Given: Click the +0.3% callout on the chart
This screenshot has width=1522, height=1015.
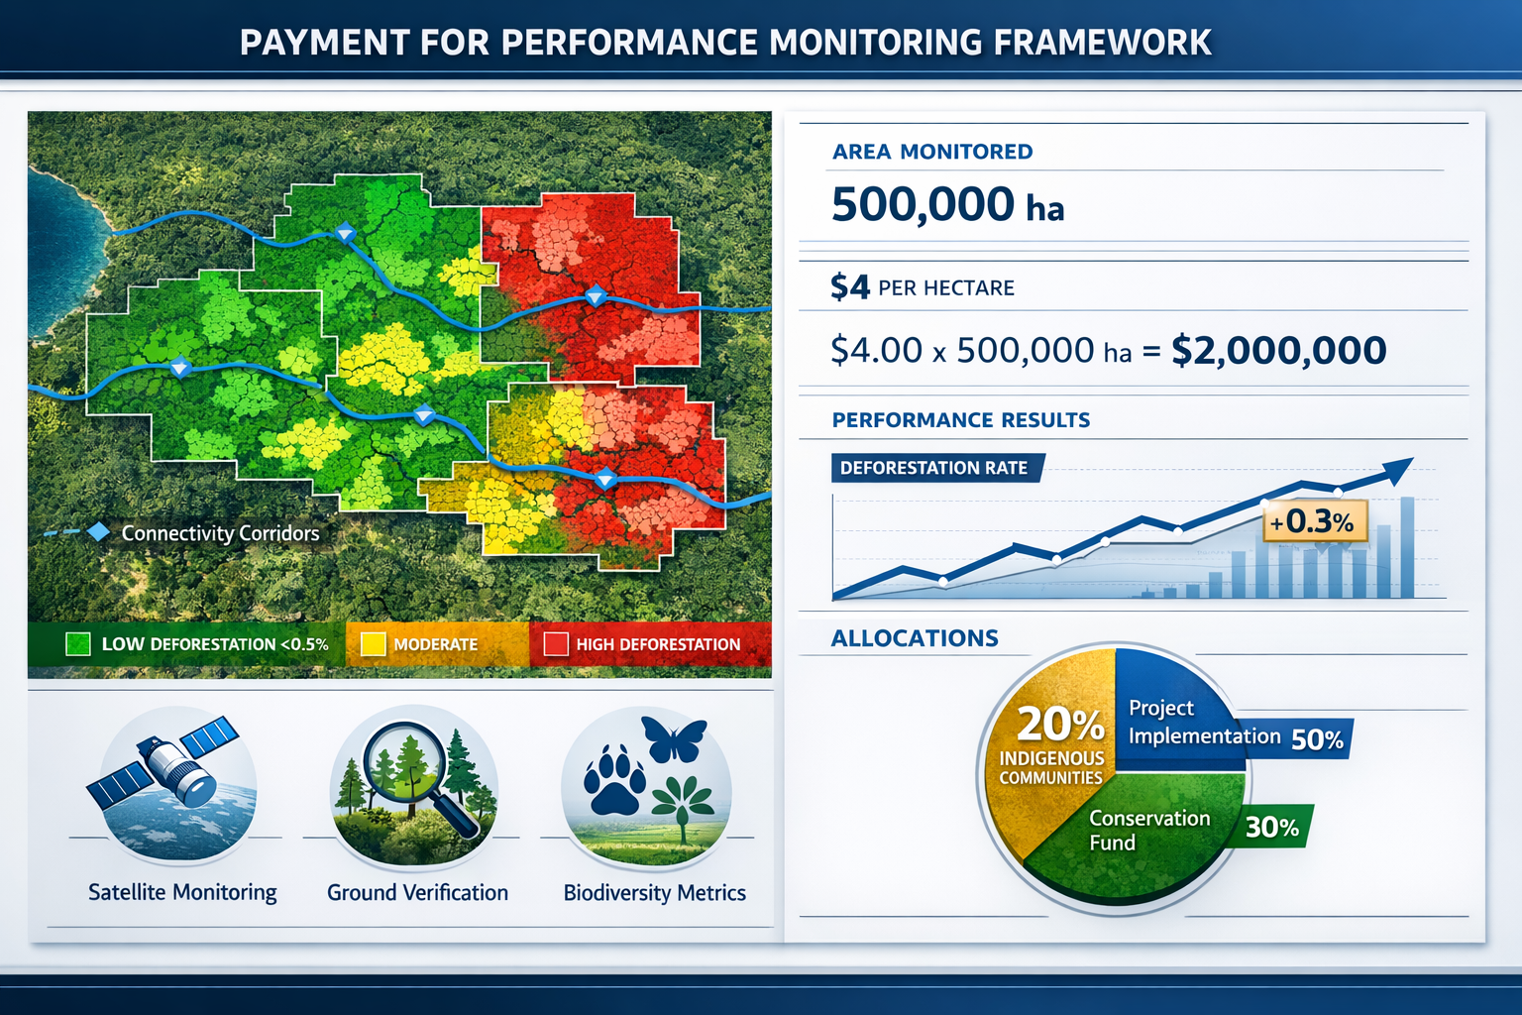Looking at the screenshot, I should coord(1315,521).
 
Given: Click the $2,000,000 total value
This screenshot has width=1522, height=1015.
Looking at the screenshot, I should coord(1278,351).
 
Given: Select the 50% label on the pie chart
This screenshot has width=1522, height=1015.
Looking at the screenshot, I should coord(1317,739).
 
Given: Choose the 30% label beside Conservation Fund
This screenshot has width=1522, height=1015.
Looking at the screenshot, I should coord(1272,827).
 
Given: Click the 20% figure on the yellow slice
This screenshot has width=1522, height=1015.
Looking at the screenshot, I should coord(1059,725).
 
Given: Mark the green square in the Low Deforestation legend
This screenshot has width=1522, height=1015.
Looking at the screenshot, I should coord(77,644).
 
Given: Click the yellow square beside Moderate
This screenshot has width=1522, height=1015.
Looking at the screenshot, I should coord(373,644).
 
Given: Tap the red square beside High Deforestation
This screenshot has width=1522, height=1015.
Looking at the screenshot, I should coord(556,644).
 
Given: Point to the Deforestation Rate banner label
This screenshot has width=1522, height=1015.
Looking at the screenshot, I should coord(933,468).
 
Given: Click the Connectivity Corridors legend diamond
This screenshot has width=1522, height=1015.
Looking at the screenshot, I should coord(98,532).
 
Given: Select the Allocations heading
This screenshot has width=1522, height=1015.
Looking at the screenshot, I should coord(915,638).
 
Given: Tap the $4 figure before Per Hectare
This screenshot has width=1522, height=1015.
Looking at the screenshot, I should coord(850,287).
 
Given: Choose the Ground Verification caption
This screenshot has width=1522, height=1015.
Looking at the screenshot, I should coord(417,893).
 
